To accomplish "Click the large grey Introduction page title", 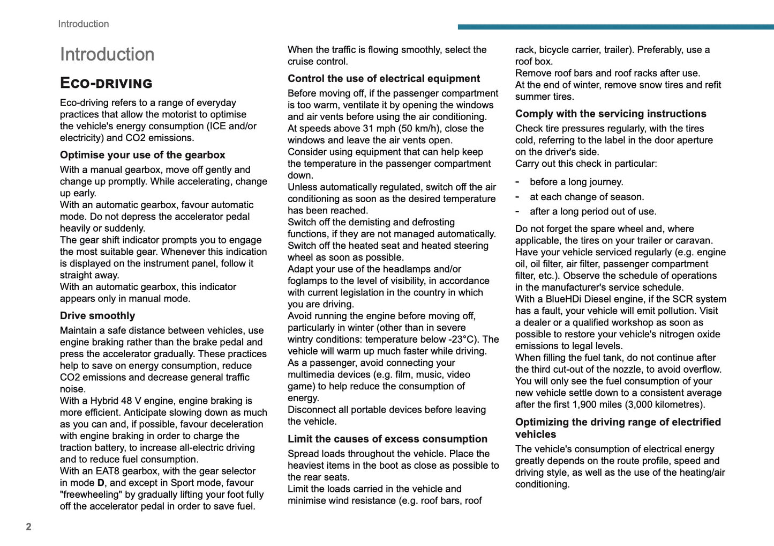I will tap(107, 54).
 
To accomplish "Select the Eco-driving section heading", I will tap(106, 83).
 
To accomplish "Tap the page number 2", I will tap(28, 527).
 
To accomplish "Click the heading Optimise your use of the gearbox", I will tap(142, 155).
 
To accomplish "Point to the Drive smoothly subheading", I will tap(97, 316).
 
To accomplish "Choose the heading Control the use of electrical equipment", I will tap(384, 78).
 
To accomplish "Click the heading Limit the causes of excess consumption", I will tap(387, 439).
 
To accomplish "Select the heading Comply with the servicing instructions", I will tap(611, 114).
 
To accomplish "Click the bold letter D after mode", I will tap(101, 483).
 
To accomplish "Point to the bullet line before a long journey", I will tap(576, 182).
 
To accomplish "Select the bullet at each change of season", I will tap(587, 197).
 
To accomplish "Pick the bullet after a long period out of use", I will tap(593, 211).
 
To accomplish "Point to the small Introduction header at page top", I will tap(84, 24).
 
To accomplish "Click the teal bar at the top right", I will tap(615, 27).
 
